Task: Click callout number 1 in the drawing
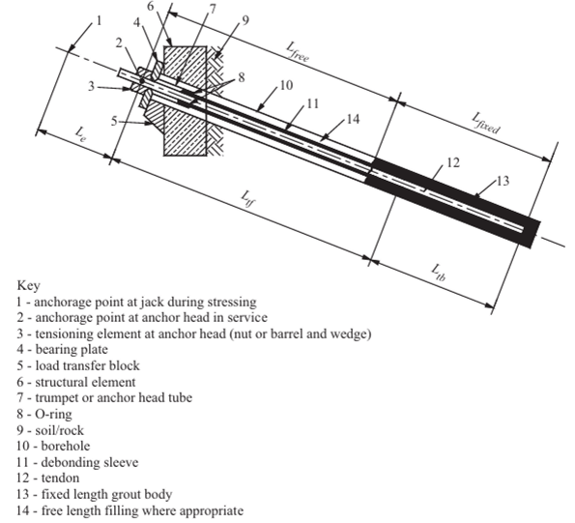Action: (97, 19)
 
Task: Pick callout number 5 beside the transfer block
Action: (116, 123)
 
